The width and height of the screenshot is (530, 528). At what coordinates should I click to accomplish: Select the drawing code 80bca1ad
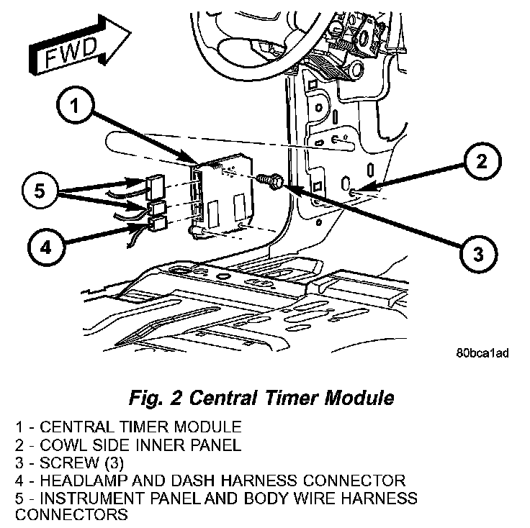tap(482, 354)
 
